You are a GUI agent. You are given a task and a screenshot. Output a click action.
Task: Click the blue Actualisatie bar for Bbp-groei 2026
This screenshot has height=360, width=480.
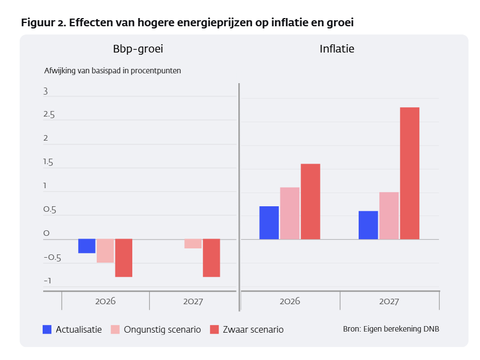86,246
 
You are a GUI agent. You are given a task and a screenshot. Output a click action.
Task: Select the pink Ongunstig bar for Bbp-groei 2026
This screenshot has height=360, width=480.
105,251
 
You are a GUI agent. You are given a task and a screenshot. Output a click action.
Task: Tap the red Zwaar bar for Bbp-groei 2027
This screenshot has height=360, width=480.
211,258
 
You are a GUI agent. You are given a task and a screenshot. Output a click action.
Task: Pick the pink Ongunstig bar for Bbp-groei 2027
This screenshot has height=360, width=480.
192,243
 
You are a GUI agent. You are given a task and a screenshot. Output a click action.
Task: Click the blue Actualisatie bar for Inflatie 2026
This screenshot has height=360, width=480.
269,223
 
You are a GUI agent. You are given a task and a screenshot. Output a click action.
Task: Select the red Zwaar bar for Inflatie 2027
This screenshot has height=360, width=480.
409,173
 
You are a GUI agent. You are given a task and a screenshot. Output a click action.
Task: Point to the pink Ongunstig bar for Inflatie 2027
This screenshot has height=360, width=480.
389,216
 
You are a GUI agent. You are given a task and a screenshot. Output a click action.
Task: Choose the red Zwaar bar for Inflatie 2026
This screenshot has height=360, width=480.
310,201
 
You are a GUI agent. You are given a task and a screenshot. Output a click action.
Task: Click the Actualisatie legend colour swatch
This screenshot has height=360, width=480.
48,329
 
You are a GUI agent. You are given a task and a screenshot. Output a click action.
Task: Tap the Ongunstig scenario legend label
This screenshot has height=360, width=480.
162,329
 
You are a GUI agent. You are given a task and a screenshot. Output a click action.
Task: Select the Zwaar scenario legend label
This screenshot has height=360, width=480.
253,329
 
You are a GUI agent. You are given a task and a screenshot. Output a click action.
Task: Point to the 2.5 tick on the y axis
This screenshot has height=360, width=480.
49,115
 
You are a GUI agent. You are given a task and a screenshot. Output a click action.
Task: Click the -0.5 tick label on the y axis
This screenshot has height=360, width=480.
52,258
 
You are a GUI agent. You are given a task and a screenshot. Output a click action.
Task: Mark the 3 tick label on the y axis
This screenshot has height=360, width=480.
46,91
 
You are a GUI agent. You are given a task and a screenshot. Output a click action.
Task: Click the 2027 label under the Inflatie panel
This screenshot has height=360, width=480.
389,301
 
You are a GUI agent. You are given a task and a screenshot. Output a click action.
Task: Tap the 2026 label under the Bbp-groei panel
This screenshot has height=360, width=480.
105,301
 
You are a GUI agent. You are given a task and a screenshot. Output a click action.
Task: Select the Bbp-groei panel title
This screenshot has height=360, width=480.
138,49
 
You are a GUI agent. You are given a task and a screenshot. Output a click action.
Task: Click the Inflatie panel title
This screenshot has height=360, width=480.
337,49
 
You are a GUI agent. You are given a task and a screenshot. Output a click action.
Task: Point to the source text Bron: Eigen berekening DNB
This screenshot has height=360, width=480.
391,329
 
